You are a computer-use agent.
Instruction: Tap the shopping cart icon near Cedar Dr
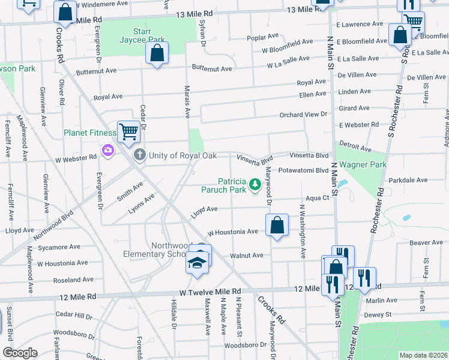(x=128, y=132)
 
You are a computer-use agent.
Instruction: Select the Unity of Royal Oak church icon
(x=140, y=155)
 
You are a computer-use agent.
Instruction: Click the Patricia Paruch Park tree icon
(x=255, y=183)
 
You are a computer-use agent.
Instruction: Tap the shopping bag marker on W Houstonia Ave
(x=276, y=227)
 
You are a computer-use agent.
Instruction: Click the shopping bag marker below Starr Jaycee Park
(x=157, y=53)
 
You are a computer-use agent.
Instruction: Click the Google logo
(x=19, y=353)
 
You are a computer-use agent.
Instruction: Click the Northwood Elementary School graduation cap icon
(x=196, y=263)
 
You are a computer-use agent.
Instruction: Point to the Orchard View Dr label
(x=303, y=115)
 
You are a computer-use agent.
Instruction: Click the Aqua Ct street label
(x=318, y=197)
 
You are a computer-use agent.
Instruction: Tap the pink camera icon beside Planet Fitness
(x=108, y=149)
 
